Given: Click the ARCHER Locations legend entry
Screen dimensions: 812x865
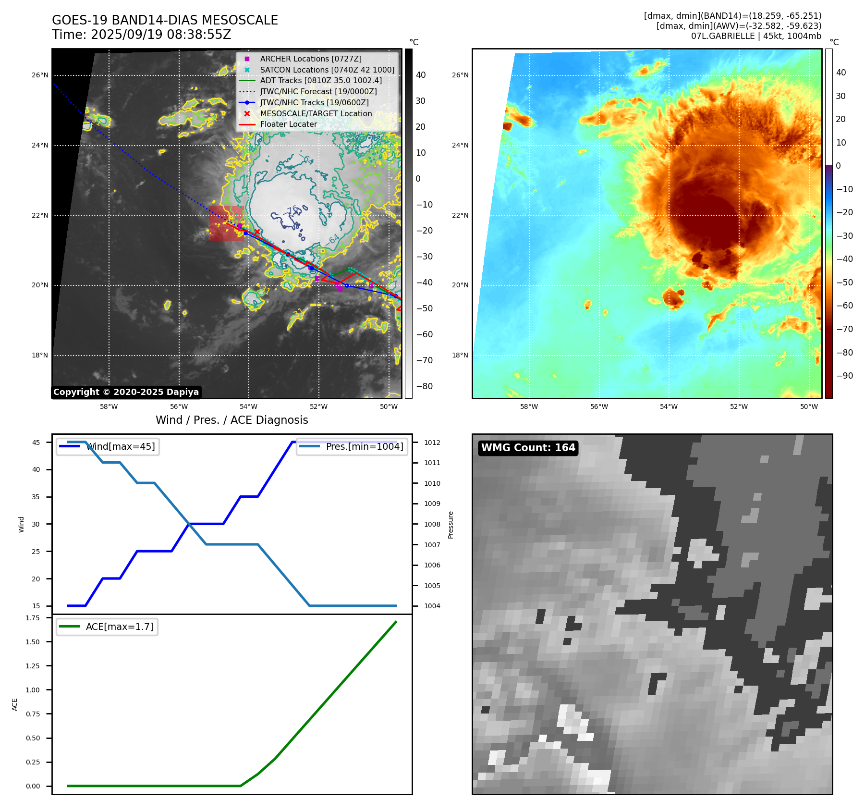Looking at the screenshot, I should (310, 59).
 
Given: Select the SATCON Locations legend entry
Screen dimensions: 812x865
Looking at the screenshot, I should (327, 70).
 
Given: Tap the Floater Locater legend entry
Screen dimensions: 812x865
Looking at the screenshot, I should (288, 124).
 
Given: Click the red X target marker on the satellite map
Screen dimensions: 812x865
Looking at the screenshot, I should (257, 232).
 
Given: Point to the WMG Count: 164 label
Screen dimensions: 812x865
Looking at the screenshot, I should (528, 448).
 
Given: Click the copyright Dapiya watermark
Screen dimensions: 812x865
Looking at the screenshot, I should (126, 392).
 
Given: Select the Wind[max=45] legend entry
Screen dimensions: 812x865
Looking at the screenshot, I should (120, 446).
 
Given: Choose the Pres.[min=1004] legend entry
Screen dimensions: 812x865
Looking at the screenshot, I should (364, 446).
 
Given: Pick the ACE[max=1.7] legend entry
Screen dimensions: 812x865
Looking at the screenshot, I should (119, 627).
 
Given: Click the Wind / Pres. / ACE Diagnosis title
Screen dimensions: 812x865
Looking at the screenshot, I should (231, 420).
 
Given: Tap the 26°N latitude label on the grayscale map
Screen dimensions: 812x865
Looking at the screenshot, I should (40, 75).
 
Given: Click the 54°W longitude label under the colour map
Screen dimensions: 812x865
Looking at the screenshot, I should (669, 406).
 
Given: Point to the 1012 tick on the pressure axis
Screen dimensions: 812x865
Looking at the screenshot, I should (432, 443).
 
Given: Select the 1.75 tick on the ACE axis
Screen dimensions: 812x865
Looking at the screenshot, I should (33, 618).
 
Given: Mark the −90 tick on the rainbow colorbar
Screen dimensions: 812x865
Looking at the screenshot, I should (844, 376).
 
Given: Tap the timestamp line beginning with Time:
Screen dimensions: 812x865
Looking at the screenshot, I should (141, 35).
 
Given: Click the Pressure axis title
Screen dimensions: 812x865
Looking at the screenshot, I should (451, 525).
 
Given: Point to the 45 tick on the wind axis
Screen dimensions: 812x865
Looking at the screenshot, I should (36, 443).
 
